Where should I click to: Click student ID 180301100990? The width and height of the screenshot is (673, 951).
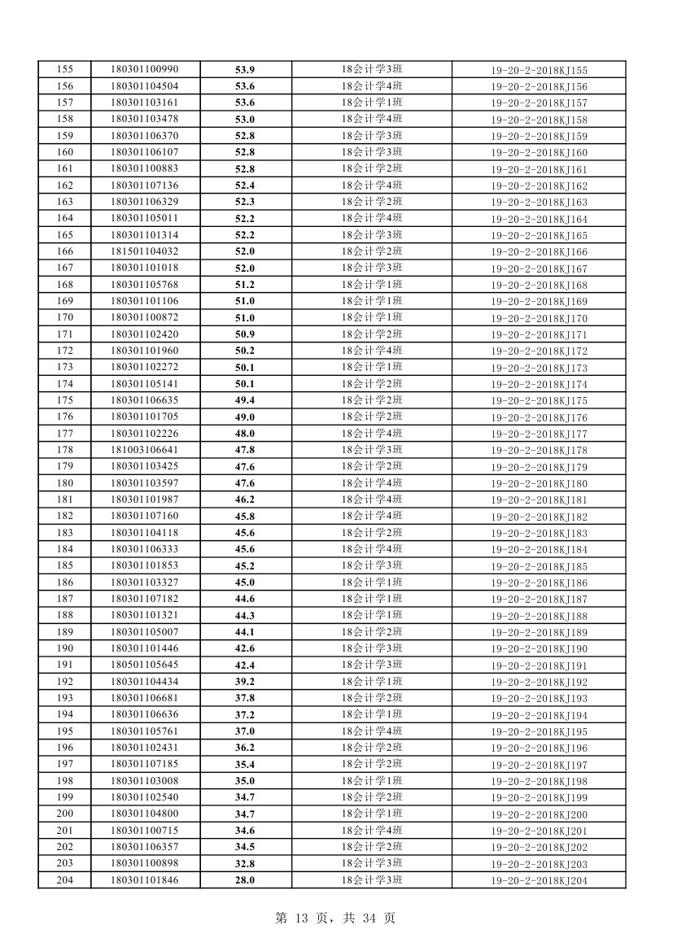click(144, 69)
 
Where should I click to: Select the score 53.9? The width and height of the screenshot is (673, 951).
click(245, 69)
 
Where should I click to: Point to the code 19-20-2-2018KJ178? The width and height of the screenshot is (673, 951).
click(539, 450)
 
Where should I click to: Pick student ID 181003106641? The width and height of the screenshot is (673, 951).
click(144, 450)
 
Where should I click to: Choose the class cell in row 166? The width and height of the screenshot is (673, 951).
click(372, 251)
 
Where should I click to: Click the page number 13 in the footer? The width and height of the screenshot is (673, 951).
click(302, 918)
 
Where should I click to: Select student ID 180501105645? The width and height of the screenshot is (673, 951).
click(144, 665)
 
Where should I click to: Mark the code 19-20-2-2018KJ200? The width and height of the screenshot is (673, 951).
click(539, 814)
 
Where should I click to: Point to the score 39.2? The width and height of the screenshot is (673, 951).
click(245, 681)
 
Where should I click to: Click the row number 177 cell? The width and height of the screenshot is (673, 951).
click(64, 434)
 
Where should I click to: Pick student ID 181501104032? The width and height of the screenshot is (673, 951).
click(144, 251)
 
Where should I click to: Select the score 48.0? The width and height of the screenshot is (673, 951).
click(245, 434)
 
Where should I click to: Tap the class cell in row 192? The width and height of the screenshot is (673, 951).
click(372, 681)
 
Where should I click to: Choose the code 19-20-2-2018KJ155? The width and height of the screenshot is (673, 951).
click(539, 70)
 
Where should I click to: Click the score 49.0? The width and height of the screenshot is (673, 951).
click(245, 417)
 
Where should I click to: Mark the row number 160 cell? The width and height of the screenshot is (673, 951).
click(64, 152)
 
